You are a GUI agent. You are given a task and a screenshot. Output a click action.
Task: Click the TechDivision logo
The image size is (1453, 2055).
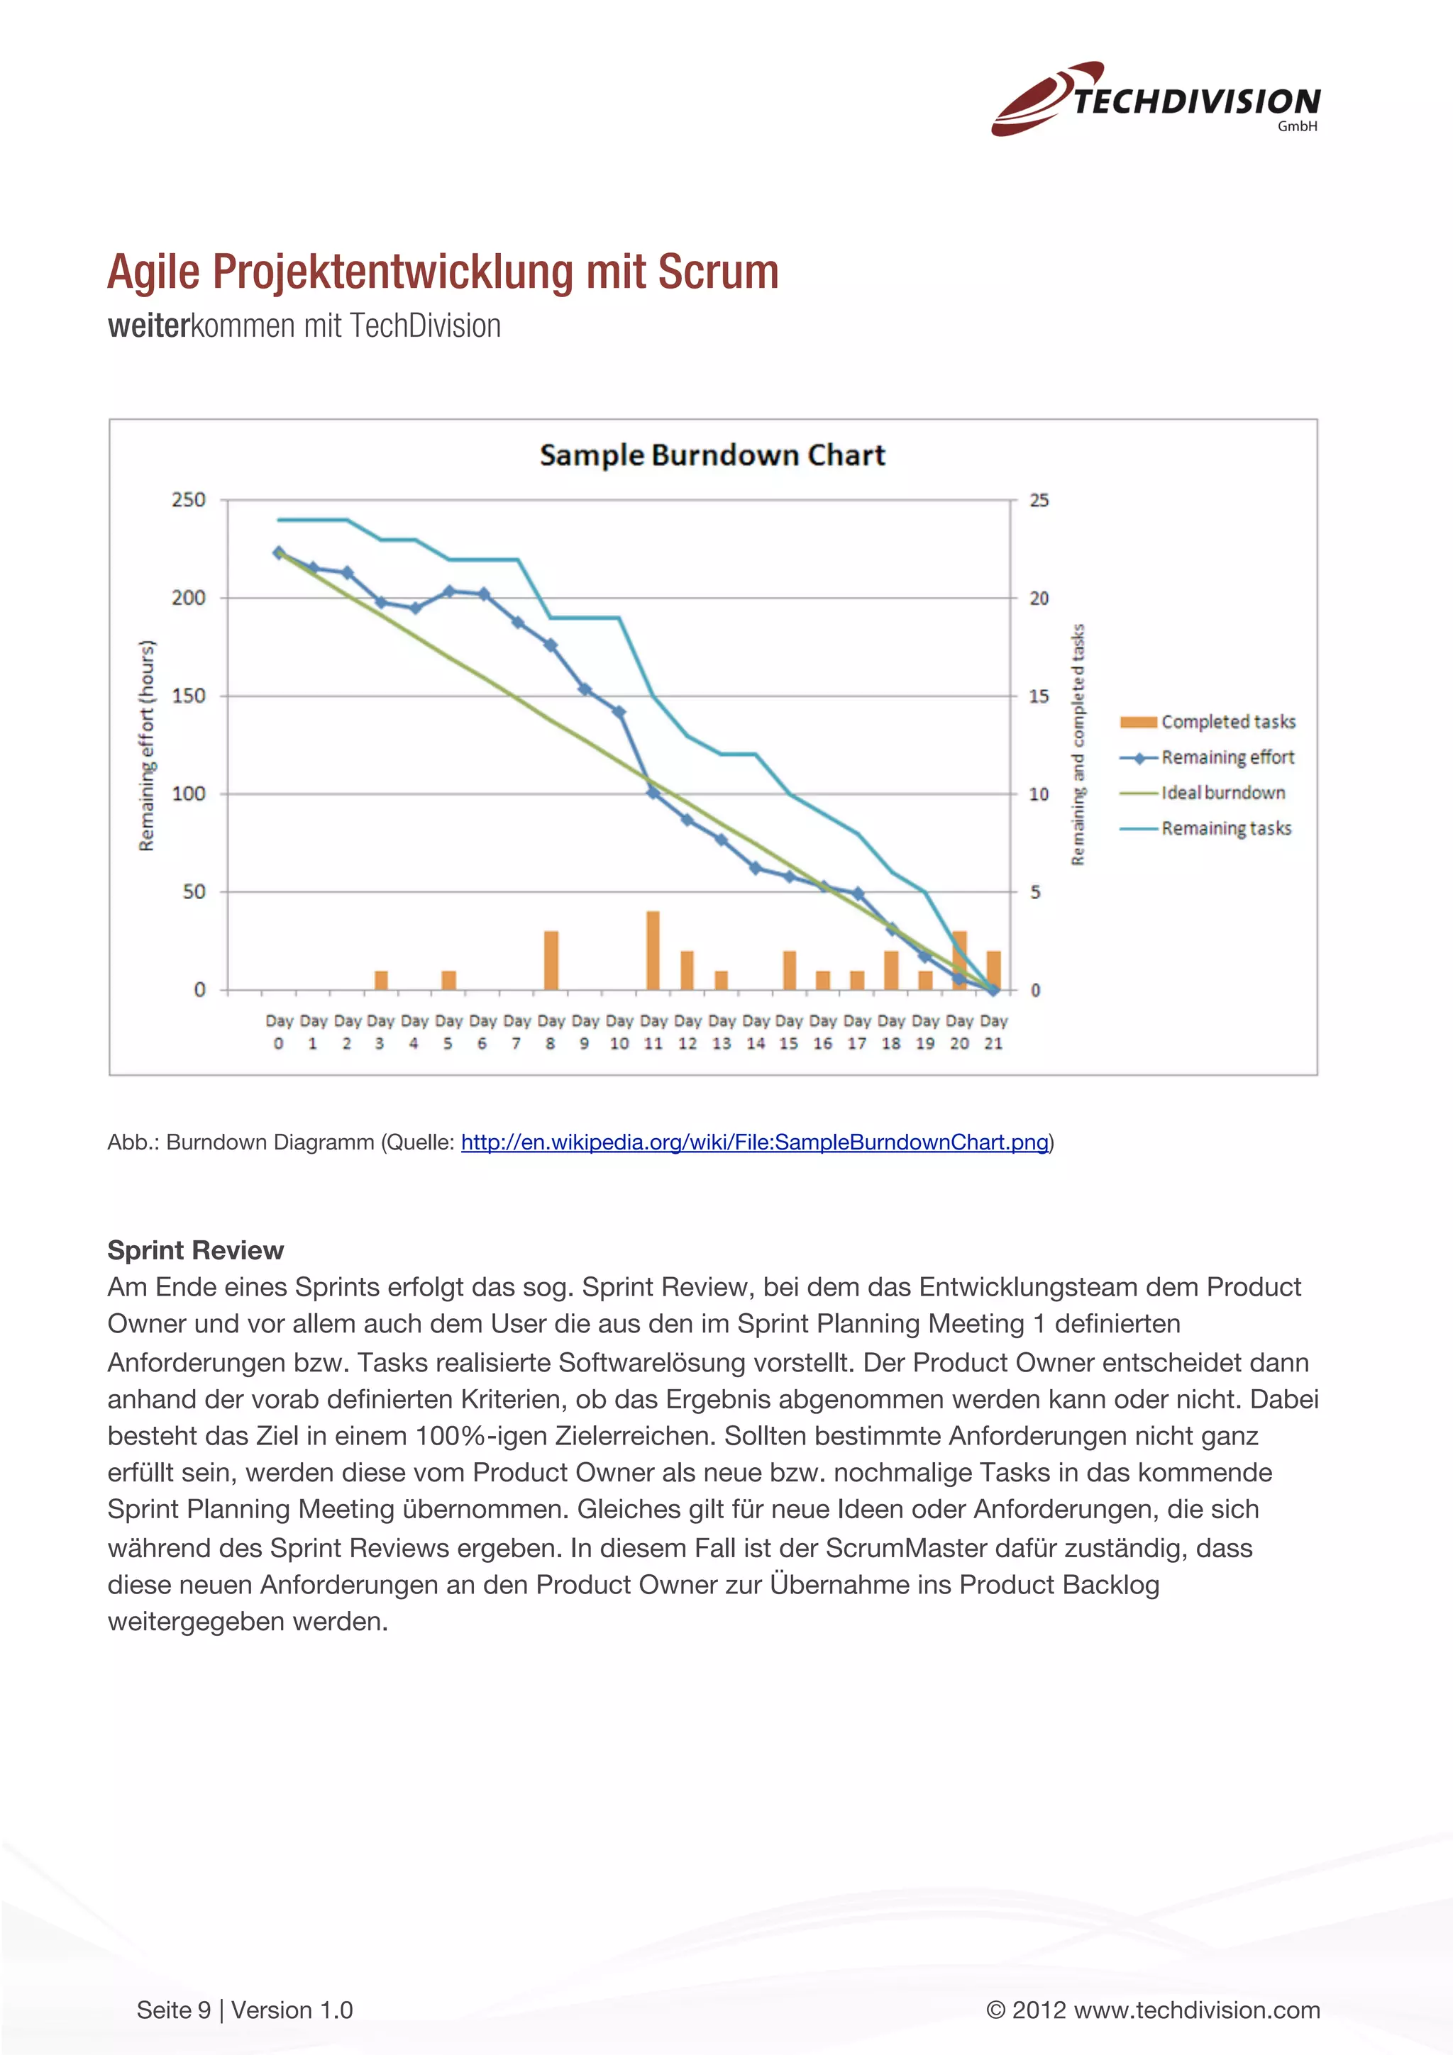point(1155,99)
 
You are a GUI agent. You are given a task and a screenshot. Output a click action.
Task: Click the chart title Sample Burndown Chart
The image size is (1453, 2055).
point(712,455)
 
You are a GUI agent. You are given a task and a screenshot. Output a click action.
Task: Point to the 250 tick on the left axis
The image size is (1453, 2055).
point(188,499)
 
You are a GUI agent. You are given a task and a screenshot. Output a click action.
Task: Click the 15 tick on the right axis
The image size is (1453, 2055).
point(1039,696)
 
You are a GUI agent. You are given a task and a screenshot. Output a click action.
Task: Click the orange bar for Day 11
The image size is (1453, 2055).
point(653,950)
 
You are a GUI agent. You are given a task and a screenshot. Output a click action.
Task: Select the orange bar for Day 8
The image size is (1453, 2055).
point(551,960)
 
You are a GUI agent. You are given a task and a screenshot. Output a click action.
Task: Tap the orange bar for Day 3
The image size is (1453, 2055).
point(380,980)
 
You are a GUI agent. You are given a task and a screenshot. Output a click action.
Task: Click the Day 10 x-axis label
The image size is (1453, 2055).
point(619,1032)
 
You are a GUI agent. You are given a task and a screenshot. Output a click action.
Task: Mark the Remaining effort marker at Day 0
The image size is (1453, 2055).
point(278,553)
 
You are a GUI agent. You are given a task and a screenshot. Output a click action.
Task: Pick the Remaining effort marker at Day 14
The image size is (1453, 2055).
point(756,867)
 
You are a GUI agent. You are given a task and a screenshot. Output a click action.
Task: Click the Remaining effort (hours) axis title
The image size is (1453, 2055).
point(147,745)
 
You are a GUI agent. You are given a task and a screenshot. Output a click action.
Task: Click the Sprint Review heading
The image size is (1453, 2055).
point(195,1249)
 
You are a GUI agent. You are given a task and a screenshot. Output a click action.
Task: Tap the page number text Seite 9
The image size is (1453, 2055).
point(174,2010)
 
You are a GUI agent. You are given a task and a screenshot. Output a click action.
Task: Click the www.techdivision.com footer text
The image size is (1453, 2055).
point(1196,2010)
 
